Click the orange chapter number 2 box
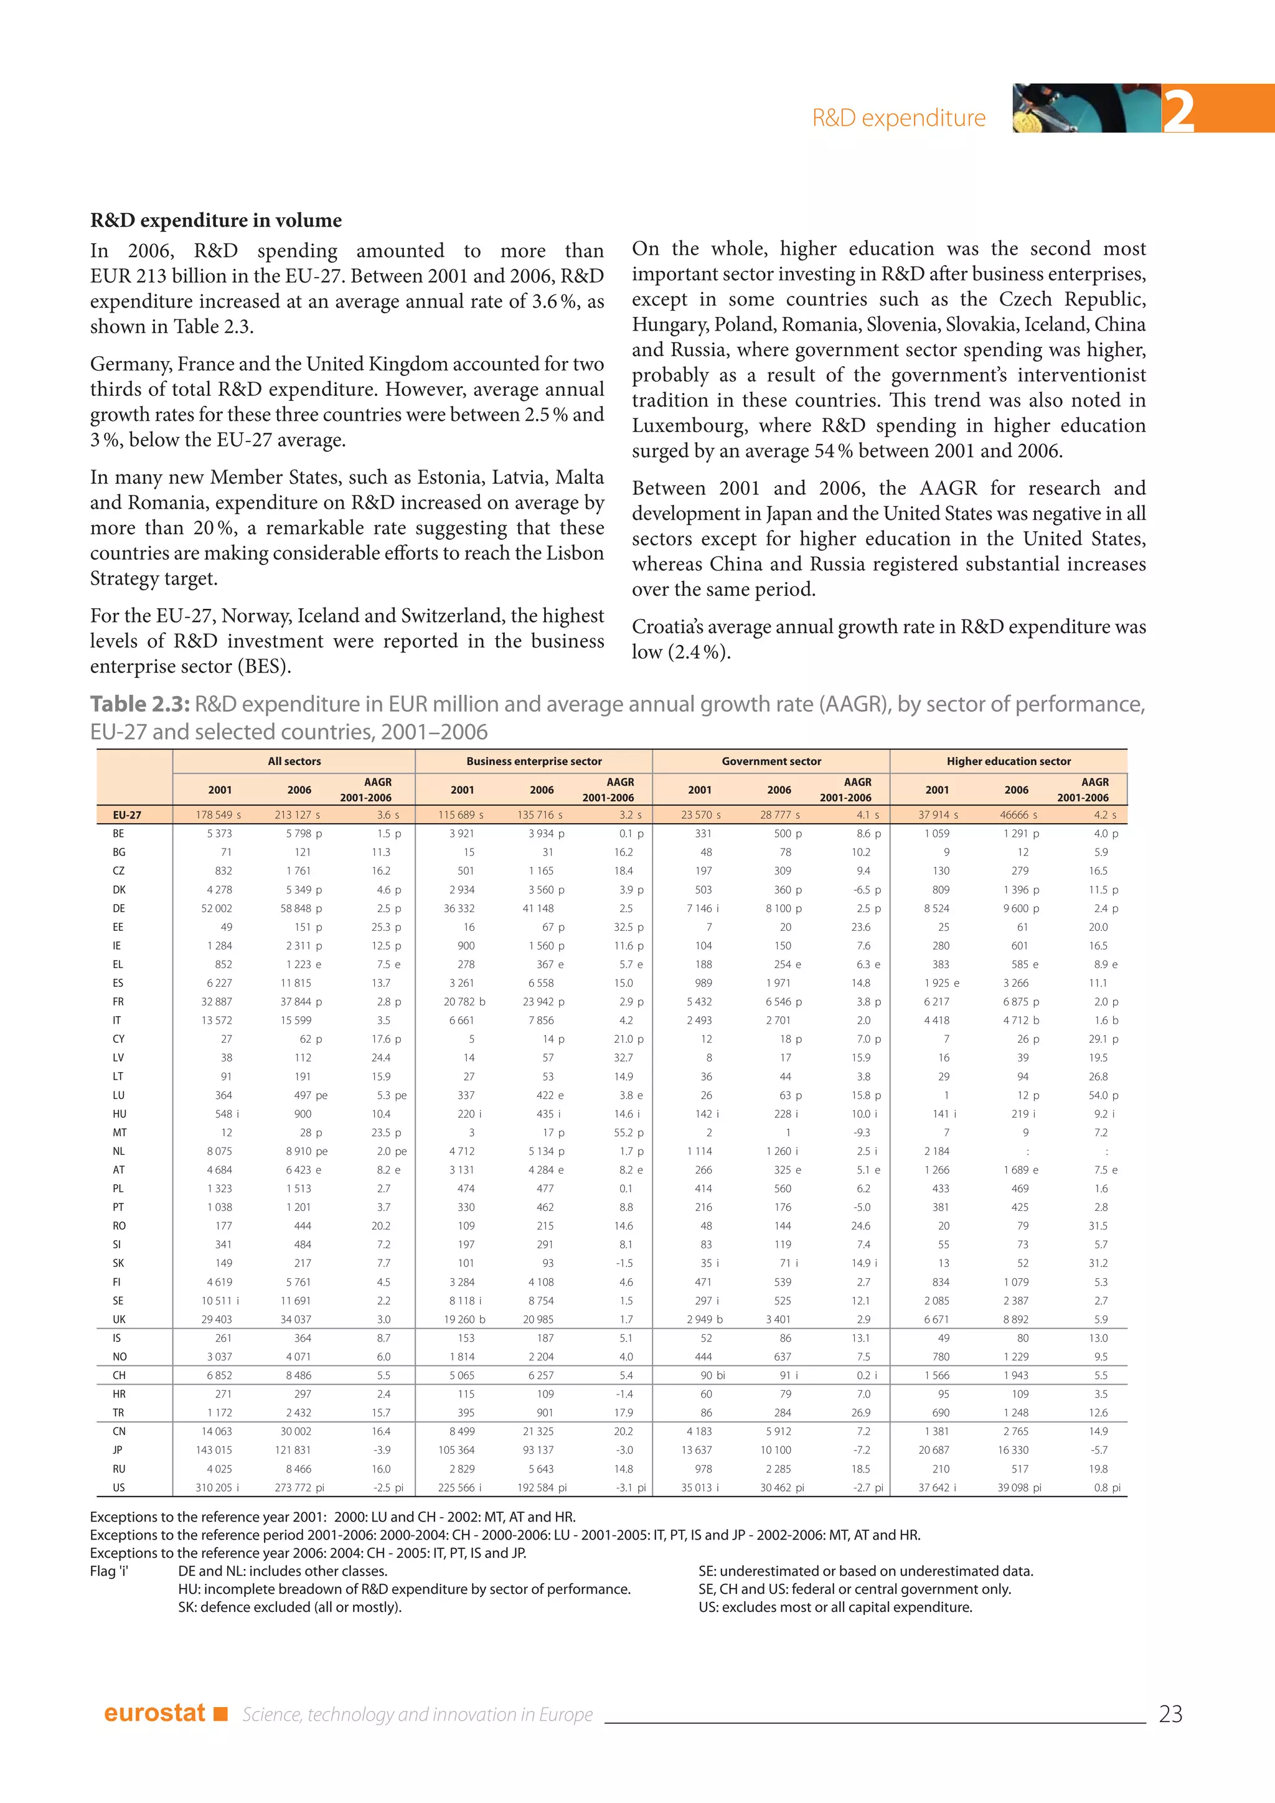[1217, 108]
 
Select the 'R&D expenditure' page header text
[899, 118]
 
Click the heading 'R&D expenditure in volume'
[216, 220]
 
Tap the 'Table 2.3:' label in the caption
[139, 704]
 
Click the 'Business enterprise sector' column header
[534, 761]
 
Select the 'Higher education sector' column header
[1008, 761]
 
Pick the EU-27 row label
[126, 815]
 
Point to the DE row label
[118, 908]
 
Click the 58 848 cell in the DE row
[296, 908]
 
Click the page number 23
[1170, 1713]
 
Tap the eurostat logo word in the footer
[154, 1713]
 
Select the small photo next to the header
[1086, 108]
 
